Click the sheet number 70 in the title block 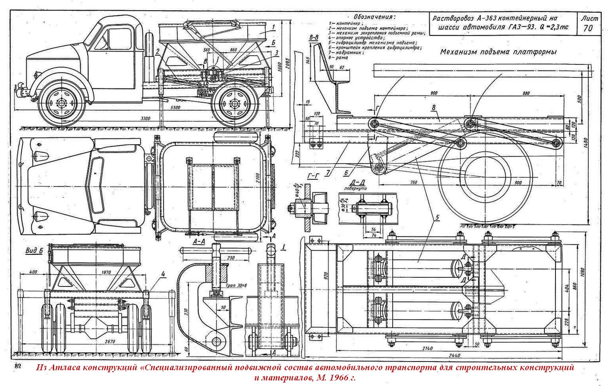pyautogui.click(x=589, y=28)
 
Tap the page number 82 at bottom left pyautogui.click(x=18, y=366)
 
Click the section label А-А pyautogui.click(x=199, y=242)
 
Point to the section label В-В pyautogui.click(x=314, y=37)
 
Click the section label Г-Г pyautogui.click(x=312, y=176)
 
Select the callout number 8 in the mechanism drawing pyautogui.click(x=433, y=108)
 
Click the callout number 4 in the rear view pyautogui.click(x=163, y=273)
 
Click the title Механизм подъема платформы pyautogui.click(x=498, y=52)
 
